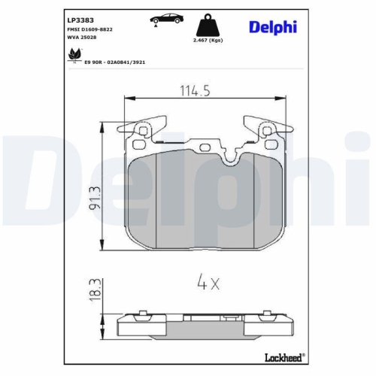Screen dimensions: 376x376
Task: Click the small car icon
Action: pyautogui.click(x=163, y=19)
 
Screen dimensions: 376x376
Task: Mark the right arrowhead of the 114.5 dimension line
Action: pyautogui.click(x=274, y=97)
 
